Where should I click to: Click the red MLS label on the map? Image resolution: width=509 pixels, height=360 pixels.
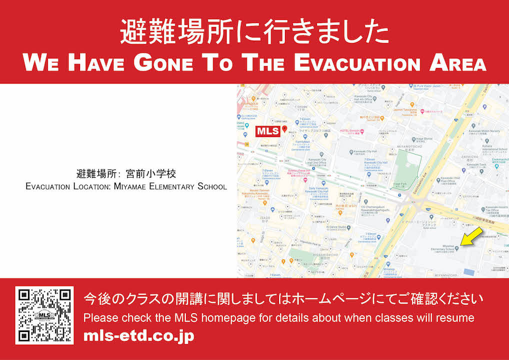[x=268, y=131]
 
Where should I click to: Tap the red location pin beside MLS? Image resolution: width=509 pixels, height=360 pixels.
[x=284, y=129]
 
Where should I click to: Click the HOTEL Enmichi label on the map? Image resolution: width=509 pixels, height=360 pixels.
[x=351, y=131]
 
